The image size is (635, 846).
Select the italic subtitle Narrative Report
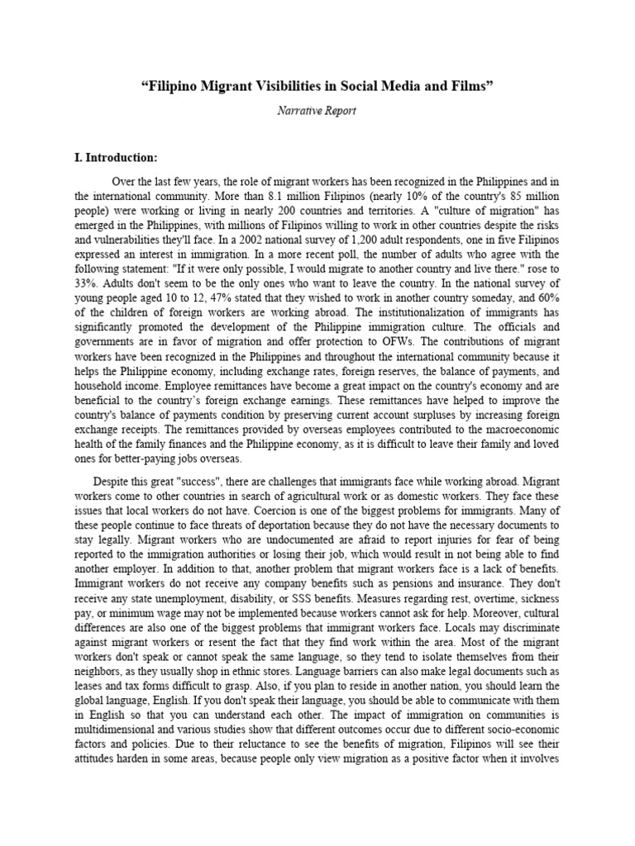(x=317, y=112)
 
